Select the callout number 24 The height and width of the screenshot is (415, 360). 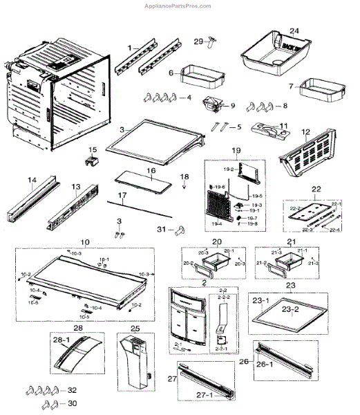coord(294,31)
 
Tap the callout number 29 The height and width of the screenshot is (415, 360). coord(198,41)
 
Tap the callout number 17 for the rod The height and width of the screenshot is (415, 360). coord(122,196)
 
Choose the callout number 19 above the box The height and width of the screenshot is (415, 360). coord(236,150)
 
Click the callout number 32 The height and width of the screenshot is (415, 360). coord(72,390)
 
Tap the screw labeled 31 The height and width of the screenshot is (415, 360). coord(182,229)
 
